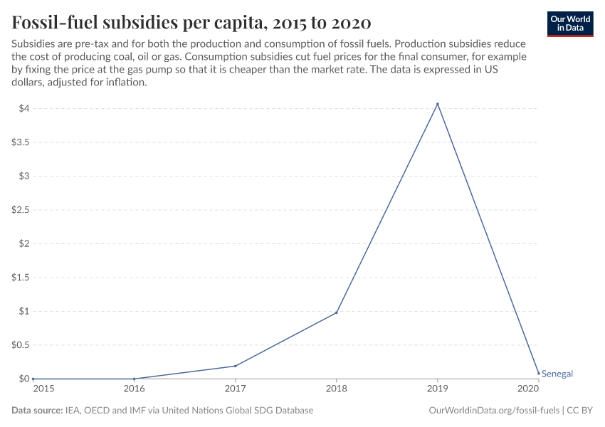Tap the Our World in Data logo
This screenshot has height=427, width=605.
pos(569,23)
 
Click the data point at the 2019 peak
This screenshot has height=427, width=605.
pos(437,104)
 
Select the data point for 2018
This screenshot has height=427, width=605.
pos(336,312)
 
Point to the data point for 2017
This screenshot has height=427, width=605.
pos(235,366)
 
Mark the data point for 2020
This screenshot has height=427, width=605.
pos(538,373)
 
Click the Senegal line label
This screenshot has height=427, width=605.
pos(557,374)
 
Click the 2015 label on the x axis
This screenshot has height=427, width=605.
pos(43,389)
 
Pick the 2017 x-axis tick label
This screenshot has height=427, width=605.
pos(235,389)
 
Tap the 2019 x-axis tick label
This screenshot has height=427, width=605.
pos(437,389)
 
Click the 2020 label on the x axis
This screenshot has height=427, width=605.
pos(527,389)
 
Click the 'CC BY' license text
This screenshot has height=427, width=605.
pos(580,411)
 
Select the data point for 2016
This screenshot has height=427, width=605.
pos(134,379)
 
